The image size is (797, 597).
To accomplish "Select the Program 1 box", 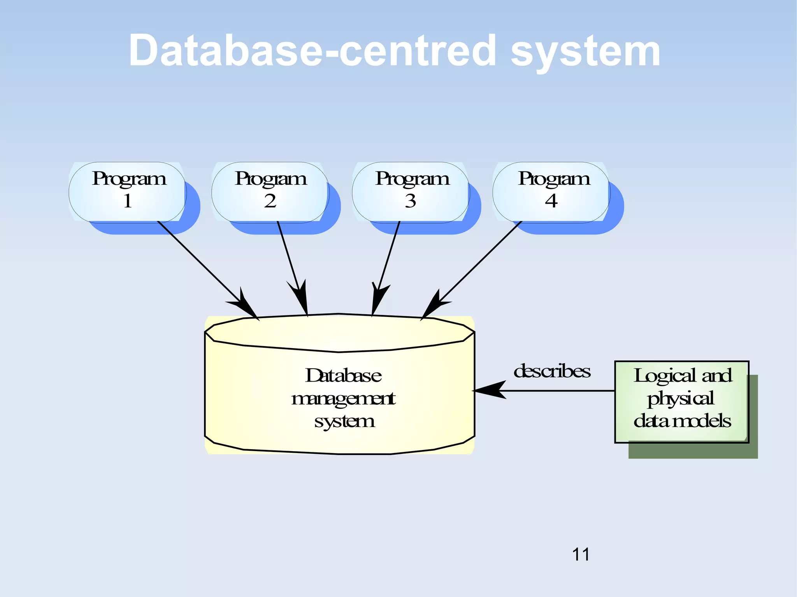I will coord(127,192).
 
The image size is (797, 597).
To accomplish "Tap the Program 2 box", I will coord(270,192).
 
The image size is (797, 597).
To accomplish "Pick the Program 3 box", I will coord(411,192).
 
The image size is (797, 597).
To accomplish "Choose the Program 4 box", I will coord(551,192).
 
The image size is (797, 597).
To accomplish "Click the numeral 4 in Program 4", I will coord(551,201).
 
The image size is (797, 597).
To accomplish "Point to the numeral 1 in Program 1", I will coord(127,201).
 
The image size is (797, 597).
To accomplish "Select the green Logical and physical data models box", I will coord(682,402).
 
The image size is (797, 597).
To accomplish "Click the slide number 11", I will coord(581,554).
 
